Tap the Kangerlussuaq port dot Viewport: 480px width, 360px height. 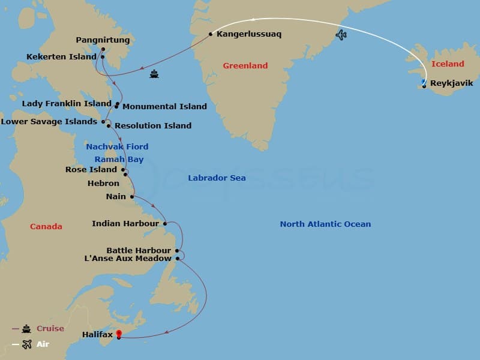coord(211,34)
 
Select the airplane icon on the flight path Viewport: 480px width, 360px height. coord(341,35)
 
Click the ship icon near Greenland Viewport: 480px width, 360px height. coord(154,74)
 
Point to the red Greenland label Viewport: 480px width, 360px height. coord(245,65)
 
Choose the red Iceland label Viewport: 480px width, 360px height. coord(448,64)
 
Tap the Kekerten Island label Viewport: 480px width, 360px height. coord(61,57)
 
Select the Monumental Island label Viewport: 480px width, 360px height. coord(164,107)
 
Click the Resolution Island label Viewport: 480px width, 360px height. coord(153,125)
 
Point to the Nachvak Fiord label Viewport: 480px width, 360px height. coord(117,146)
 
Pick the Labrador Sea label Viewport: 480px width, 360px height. coord(217,178)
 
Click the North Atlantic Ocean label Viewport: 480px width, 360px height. coord(325,224)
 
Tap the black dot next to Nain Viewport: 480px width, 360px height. coord(132,196)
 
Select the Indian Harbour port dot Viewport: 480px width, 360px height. coord(165,224)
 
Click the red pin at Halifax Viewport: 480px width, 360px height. coord(119,334)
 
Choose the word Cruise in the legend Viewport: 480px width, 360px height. coord(50,329)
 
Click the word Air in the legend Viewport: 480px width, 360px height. coord(43,344)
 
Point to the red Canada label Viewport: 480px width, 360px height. coord(46,226)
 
